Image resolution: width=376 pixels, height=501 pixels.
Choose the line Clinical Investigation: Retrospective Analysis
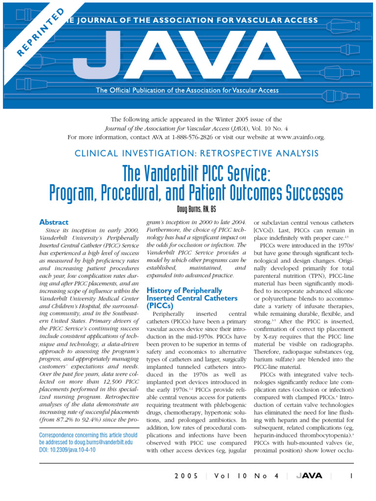(x=196, y=154)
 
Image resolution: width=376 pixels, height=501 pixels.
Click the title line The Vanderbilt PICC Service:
(x=196, y=173)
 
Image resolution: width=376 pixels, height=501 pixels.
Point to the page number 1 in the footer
(x=352, y=476)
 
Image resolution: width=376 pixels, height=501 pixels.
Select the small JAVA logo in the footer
(x=307, y=476)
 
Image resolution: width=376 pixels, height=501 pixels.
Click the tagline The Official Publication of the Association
(x=188, y=90)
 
